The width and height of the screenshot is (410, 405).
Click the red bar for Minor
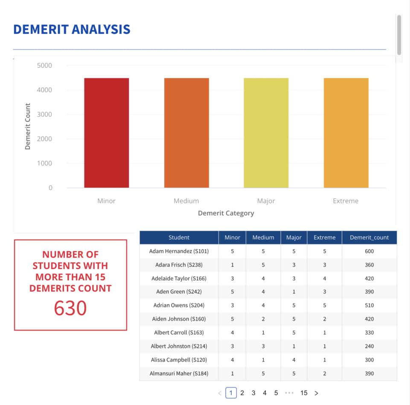106,133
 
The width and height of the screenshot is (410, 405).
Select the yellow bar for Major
266,133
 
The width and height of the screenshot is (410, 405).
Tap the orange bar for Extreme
346,133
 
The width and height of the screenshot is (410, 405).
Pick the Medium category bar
186,133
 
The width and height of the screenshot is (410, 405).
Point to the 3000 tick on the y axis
44,114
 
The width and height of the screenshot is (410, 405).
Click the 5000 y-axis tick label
44,66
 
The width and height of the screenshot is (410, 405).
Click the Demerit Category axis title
226,213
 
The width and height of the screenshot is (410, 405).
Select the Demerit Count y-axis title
28,126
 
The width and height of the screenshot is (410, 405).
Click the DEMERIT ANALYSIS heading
72,29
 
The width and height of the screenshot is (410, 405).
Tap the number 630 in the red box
70,308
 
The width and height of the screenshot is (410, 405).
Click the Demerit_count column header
369,237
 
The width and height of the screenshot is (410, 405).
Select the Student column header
179,237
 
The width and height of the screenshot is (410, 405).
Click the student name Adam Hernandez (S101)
179,251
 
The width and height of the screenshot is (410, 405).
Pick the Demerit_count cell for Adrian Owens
369,305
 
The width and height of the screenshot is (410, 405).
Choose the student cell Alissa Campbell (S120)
179,360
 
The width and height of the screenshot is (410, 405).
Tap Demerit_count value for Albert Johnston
369,346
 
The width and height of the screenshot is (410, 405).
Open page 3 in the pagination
253,393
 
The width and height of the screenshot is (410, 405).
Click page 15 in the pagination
304,393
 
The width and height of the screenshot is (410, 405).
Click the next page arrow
316,393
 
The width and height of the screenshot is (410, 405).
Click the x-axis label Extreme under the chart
346,201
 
